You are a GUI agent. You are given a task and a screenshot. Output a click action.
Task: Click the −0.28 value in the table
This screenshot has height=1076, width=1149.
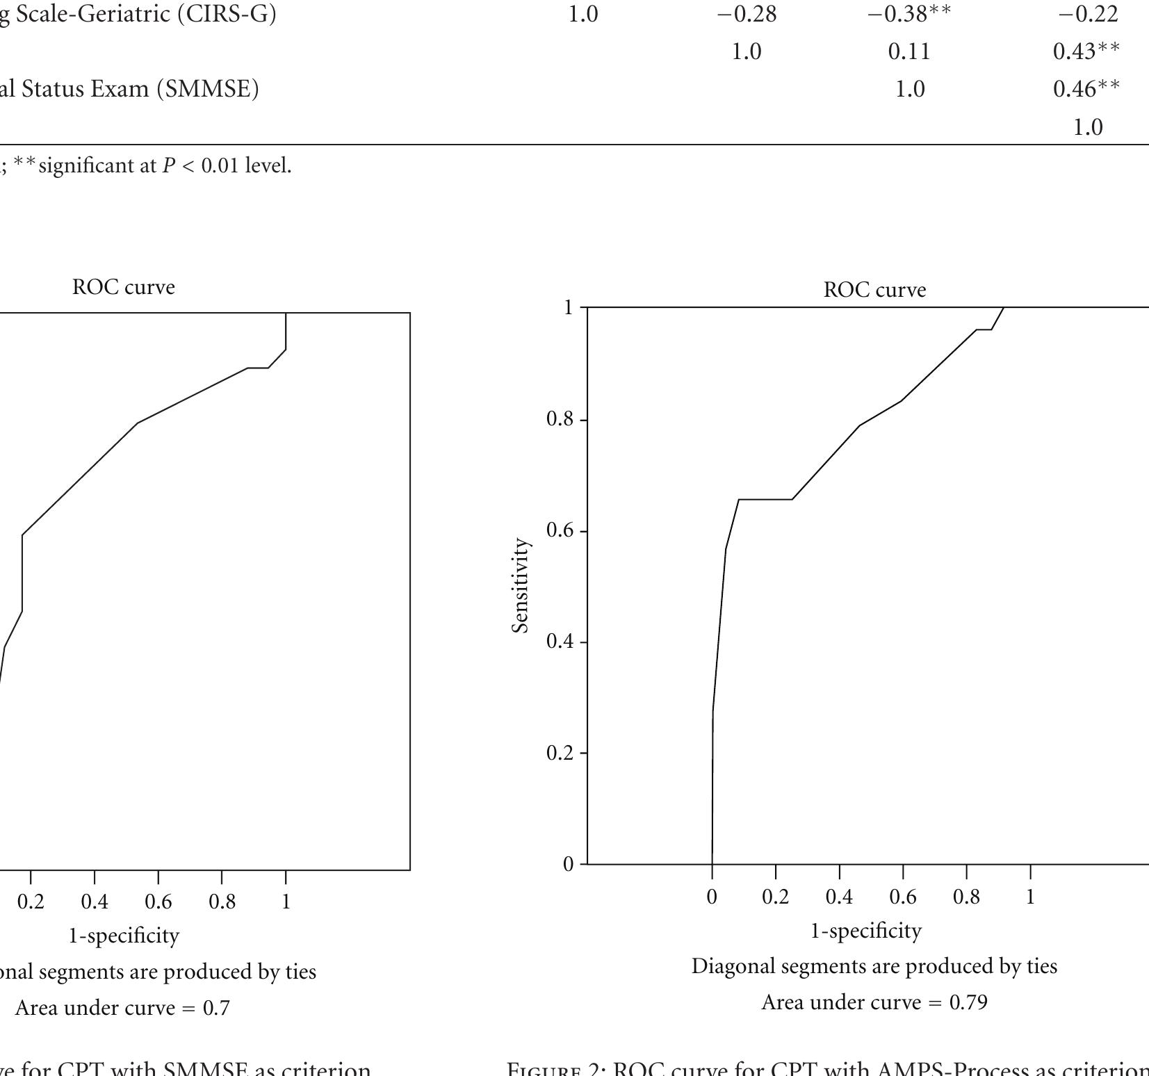tap(746, 14)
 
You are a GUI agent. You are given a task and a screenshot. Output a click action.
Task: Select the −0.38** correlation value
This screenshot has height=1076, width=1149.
tap(908, 14)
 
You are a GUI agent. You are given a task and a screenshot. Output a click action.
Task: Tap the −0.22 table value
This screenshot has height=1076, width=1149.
tap(1087, 14)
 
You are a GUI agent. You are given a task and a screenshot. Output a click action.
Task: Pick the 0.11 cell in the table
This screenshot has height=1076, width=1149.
tap(908, 51)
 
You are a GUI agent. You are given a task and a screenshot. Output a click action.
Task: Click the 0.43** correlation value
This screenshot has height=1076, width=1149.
tap(1086, 51)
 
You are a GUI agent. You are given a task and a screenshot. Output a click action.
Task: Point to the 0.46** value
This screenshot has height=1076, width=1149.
tap(1086, 89)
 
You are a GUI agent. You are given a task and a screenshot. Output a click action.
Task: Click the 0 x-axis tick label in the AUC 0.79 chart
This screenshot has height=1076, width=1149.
tap(711, 897)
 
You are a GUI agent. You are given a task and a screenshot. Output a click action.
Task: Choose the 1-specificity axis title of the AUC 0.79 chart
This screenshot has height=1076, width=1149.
tap(866, 931)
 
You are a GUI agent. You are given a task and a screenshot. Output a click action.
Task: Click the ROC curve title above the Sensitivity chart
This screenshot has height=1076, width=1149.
tap(874, 290)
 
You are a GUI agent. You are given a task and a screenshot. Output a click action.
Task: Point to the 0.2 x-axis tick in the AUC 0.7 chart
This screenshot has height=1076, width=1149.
tap(31, 902)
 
